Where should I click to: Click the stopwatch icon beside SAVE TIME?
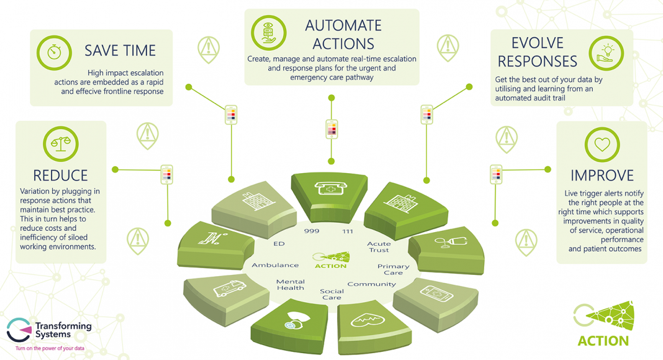(x=54, y=52)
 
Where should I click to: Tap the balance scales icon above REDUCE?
(x=61, y=144)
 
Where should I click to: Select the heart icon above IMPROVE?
(x=602, y=145)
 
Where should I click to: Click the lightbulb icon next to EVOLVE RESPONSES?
(x=607, y=53)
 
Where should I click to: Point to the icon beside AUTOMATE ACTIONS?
(x=269, y=33)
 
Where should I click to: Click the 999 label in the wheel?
(x=312, y=231)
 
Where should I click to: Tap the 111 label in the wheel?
(x=348, y=232)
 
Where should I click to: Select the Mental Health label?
(x=291, y=285)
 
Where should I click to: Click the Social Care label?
(x=332, y=294)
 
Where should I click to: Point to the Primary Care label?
(x=393, y=269)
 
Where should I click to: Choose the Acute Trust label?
(x=379, y=247)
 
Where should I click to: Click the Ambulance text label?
(x=275, y=266)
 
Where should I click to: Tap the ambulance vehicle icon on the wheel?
(x=230, y=289)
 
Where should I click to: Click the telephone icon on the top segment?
(x=331, y=188)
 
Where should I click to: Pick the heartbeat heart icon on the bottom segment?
(x=367, y=320)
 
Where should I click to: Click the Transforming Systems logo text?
(x=63, y=330)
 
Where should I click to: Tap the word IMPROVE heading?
(x=602, y=176)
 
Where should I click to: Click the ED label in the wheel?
(x=279, y=244)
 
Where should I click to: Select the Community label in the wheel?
(x=372, y=284)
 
